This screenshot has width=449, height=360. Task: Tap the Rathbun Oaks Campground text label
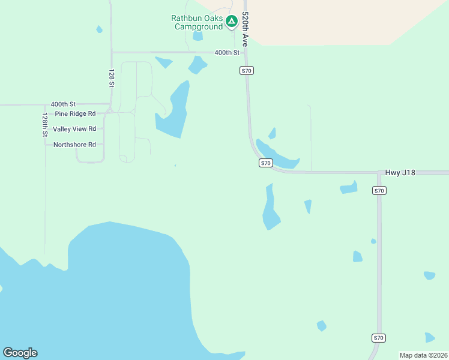click(197, 22)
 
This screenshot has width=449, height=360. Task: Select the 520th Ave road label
click(245, 29)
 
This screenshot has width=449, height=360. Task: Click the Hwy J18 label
click(400, 173)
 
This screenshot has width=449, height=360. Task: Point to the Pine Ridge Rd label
click(75, 113)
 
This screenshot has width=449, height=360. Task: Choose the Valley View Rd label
click(74, 129)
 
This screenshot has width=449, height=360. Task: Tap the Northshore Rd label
click(74, 145)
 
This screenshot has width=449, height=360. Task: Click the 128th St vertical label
click(45, 125)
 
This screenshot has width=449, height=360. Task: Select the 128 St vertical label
click(112, 78)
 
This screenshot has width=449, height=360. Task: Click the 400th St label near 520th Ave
click(228, 53)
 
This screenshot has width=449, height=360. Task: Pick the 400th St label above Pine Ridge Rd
click(63, 104)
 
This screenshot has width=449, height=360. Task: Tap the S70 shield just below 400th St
click(247, 71)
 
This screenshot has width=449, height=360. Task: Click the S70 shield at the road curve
click(266, 163)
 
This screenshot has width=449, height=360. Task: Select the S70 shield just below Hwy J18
click(379, 191)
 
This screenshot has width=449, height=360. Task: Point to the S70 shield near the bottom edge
click(378, 338)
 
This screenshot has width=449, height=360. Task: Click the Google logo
click(20, 353)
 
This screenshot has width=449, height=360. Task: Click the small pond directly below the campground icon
click(198, 36)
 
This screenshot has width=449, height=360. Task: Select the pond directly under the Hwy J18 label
click(349, 188)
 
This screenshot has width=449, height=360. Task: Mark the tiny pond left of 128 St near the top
click(99, 29)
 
